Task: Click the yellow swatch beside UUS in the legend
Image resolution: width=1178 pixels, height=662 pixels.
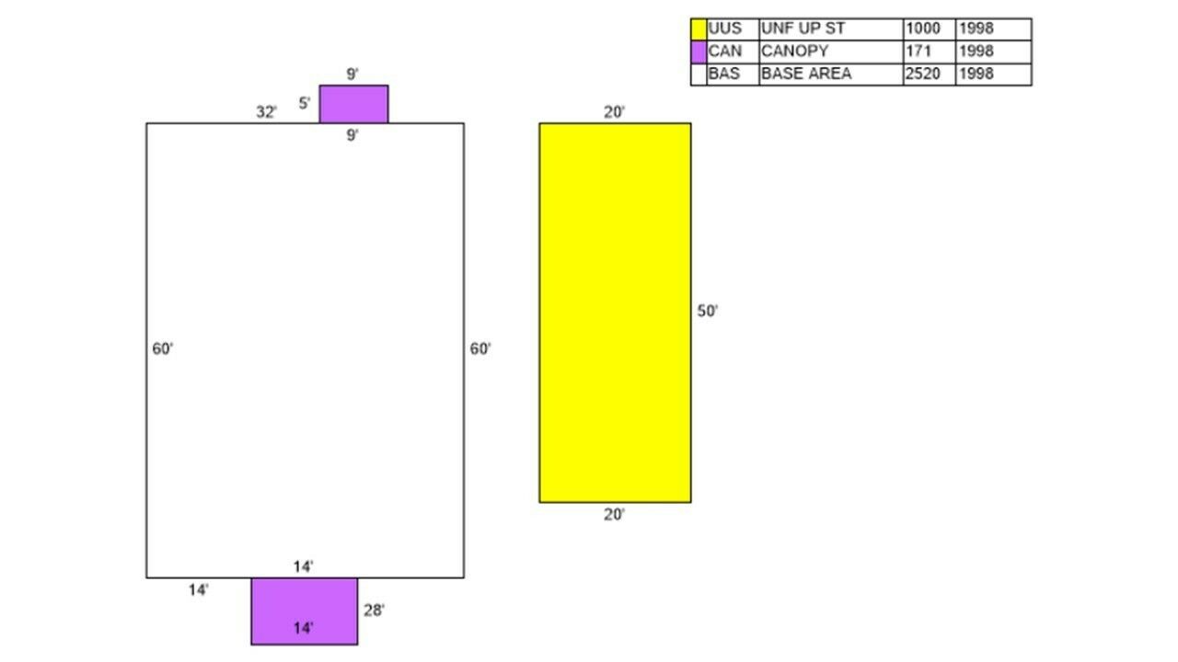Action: [699, 29]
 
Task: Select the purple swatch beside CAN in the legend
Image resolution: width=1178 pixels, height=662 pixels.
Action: [699, 52]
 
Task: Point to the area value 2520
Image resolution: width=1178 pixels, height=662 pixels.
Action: [923, 74]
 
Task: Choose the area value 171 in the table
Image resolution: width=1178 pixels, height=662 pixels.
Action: [918, 51]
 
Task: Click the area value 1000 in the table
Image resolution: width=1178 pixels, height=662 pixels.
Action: [923, 29]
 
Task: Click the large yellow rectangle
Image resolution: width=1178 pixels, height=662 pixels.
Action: [616, 314]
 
